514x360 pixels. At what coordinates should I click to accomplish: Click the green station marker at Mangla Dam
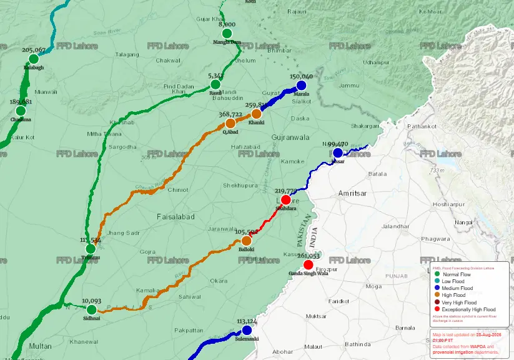pos(226,33)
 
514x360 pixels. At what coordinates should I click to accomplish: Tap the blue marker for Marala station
pos(302,86)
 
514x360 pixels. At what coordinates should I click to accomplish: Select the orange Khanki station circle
pos(256,114)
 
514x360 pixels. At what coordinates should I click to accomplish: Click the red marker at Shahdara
pos(285,200)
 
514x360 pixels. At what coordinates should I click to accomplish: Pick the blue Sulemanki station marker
pos(247,330)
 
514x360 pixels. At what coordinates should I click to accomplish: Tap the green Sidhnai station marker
pos(92,309)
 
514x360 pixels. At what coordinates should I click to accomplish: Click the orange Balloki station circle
pos(246,241)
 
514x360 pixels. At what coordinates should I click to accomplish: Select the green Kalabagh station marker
pos(34,59)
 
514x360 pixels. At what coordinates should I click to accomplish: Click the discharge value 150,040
pos(302,76)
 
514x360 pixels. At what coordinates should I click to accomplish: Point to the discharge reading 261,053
pos(309,256)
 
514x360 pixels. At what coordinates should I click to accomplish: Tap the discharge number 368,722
pos(230,114)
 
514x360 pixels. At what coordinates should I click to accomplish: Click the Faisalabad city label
pos(175,217)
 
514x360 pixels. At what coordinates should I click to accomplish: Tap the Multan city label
pos(40,346)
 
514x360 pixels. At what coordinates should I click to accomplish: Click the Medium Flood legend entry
pos(457,289)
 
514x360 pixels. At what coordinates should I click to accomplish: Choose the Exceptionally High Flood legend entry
pos(468,309)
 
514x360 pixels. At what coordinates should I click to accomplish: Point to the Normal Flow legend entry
pos(457,275)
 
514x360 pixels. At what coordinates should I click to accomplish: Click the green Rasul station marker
pos(215,84)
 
